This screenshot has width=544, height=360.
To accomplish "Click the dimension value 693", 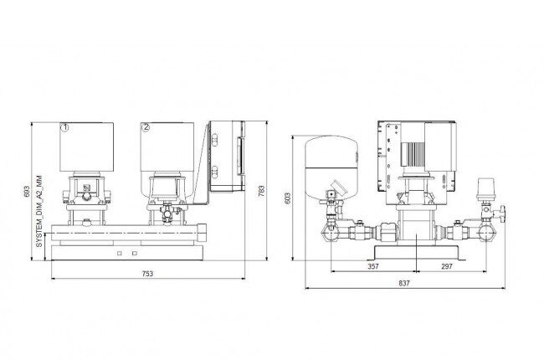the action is (27, 191).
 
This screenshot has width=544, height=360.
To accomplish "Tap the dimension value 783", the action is (262, 191).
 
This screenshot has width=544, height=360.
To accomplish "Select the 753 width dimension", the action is (147, 274).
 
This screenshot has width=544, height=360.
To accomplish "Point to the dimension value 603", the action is (288, 198).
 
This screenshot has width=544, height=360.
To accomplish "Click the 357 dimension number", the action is (373, 266).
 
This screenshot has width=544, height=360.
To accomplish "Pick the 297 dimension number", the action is (447, 266).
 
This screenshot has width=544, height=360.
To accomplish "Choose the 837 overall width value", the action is (404, 283).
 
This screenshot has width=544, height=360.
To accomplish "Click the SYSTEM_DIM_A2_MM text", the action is (39, 211).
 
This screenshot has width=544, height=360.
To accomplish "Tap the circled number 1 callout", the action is (65, 127).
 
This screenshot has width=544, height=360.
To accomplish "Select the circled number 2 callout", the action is (146, 127).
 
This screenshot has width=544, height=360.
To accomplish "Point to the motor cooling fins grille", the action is (413, 154).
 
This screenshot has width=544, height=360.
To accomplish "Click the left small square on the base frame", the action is (120, 253).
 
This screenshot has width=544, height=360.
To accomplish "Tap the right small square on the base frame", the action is (135, 253).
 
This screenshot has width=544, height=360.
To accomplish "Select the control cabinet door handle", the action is (239, 156).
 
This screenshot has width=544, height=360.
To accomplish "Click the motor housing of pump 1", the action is (86, 147).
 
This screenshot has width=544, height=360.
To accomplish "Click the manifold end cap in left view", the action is (202, 232).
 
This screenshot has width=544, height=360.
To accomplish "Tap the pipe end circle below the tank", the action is (331, 232).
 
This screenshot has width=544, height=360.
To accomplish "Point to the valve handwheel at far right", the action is (503, 211).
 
